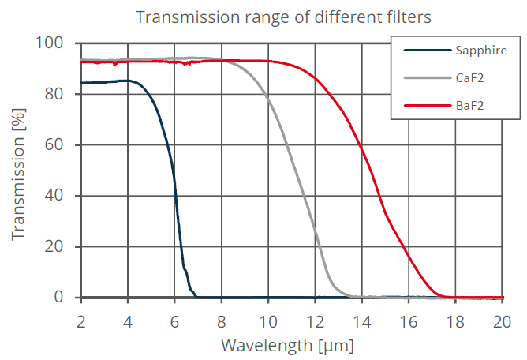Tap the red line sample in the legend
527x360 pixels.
click(x=424, y=105)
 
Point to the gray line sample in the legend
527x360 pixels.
click(x=424, y=78)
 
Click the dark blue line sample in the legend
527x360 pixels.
click(x=424, y=51)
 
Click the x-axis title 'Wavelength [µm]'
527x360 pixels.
click(x=287, y=345)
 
